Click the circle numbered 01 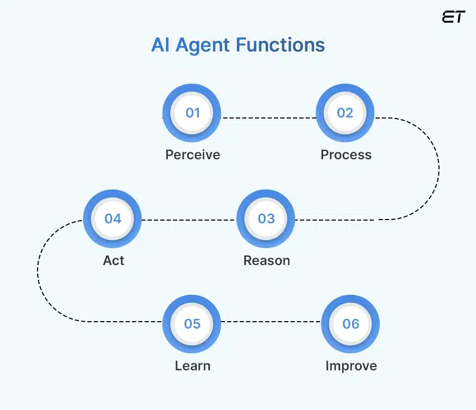pos(192,113)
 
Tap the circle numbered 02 pos(345,113)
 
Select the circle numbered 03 pos(266,218)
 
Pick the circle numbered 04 pos(113,218)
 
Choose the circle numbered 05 pos(192,324)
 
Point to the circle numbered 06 pos(350,324)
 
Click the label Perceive pos(193,154)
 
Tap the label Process pos(346,154)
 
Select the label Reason pos(267,260)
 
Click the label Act pos(114,260)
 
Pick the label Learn pos(193,366)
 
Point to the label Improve pos(351,366)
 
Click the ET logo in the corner pos(453,17)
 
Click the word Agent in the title pos(203,45)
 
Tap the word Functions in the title pos(280,45)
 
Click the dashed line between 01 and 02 pos(269,117)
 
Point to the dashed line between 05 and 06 pos(271,321)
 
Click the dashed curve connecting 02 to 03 pos(438,168)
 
